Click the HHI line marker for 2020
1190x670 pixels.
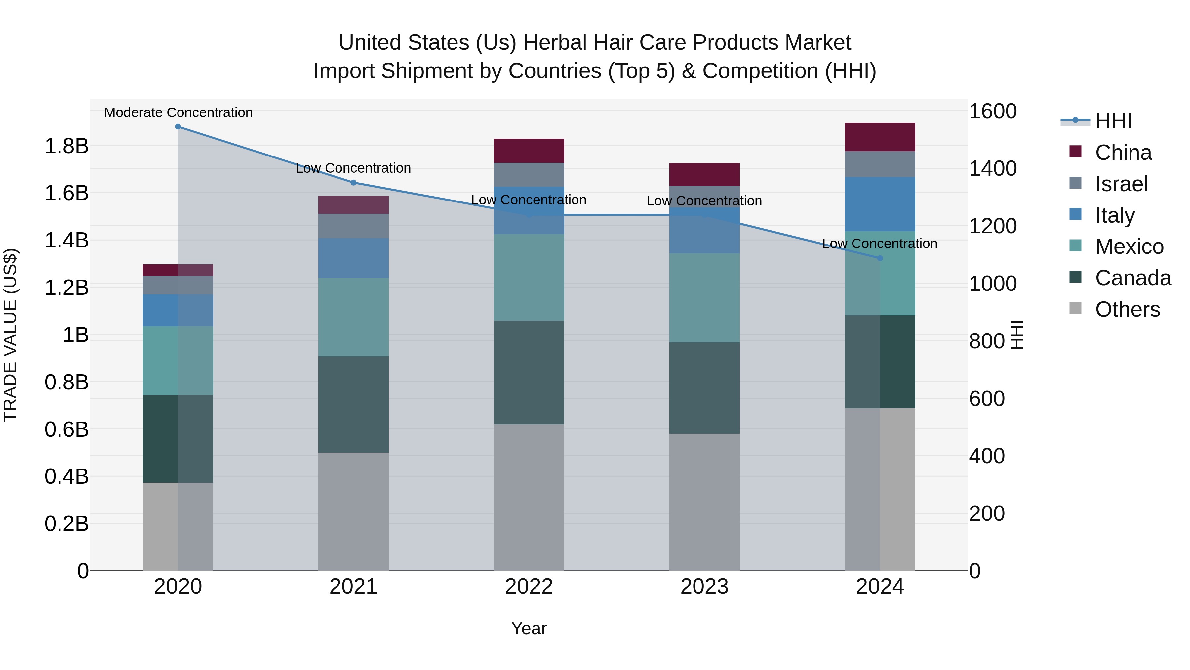coord(178,127)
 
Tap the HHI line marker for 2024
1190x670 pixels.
coord(880,258)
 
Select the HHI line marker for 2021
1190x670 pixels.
coord(353,183)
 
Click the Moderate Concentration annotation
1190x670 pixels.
coord(178,112)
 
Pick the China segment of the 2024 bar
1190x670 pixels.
coord(880,137)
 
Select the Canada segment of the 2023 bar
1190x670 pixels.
coord(704,388)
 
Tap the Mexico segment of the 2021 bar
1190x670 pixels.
coord(353,317)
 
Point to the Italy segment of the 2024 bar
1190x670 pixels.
coord(880,204)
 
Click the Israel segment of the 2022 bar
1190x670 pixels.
coord(529,174)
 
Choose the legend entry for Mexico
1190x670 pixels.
coord(1129,246)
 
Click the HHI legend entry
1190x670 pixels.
coord(1113,121)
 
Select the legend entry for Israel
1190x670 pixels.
coord(1121,184)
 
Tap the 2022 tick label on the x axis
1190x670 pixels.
coord(529,587)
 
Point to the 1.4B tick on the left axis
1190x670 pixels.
coord(66,241)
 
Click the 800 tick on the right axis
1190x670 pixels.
coord(986,341)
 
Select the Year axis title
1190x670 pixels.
coord(529,628)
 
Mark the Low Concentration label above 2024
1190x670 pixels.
coord(880,243)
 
